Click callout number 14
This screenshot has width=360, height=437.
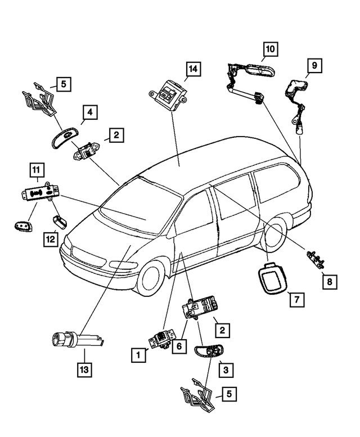click(193, 69)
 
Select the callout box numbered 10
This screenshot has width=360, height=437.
click(270, 49)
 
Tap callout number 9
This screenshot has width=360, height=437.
click(314, 65)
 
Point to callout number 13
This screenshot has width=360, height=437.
click(84, 370)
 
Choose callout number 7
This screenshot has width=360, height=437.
click(297, 300)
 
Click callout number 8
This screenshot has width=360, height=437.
click(330, 282)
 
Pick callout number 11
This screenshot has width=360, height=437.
click(37, 170)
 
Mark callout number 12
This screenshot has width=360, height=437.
click(51, 239)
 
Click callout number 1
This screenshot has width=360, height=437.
click(138, 355)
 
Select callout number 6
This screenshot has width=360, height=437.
click(179, 346)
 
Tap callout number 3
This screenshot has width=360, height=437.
click(226, 370)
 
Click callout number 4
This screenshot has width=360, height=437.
click(90, 112)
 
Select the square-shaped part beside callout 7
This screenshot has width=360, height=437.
click(272, 278)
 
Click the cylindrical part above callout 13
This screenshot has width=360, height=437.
click(78, 340)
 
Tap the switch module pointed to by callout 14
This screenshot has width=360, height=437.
click(168, 94)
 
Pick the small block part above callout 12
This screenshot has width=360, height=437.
click(60, 222)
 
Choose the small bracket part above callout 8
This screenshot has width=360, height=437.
click(316, 258)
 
